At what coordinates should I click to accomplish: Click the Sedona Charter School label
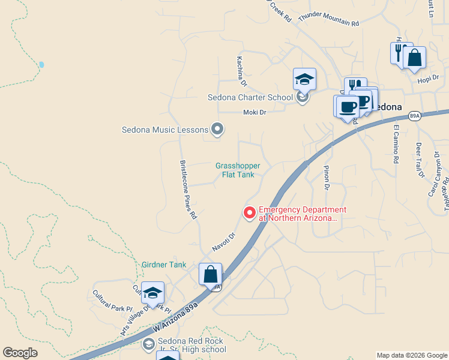tap(250, 97)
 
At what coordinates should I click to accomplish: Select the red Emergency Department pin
tap(249, 212)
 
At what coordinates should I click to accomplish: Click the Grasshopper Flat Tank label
tap(235, 170)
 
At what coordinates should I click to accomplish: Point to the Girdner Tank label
tap(164, 265)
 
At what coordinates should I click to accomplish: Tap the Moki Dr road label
tap(254, 112)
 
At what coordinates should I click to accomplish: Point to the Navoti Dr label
tap(223, 242)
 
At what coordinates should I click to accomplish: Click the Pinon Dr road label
tap(327, 178)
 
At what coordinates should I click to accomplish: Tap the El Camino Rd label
tap(396, 144)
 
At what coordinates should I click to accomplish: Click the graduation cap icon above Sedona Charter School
tap(304, 79)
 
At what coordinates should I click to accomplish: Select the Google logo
tap(20, 353)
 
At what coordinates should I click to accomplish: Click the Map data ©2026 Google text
tap(412, 355)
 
